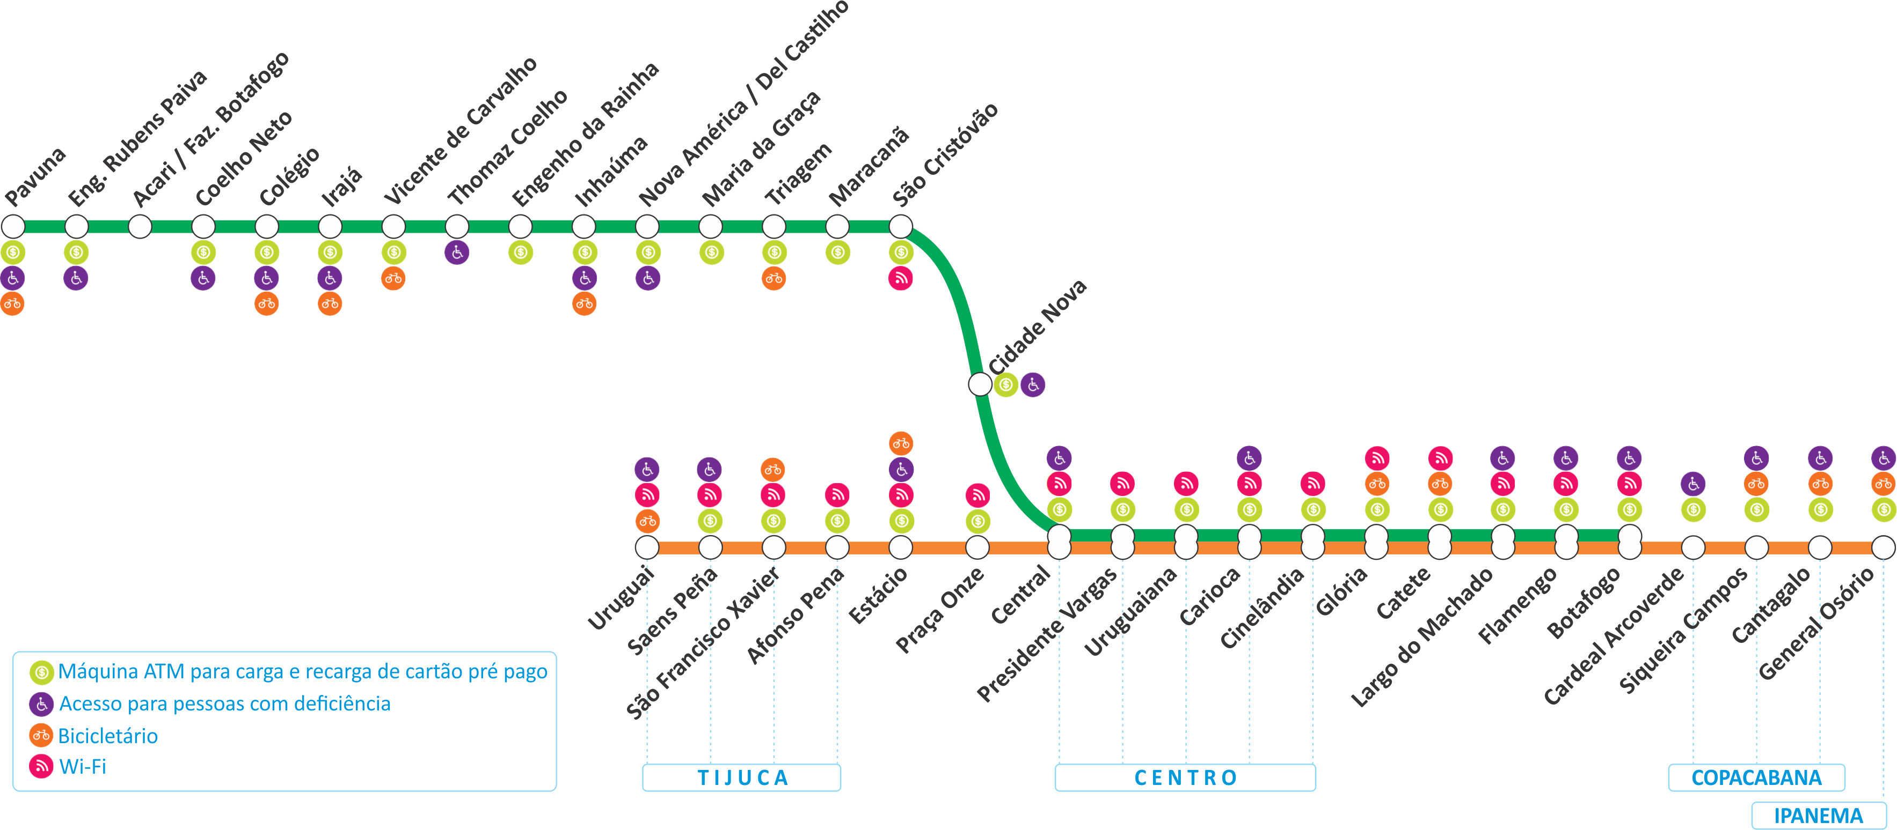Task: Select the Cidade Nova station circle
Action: (980, 384)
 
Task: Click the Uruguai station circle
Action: (647, 547)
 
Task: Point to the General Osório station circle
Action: (1883, 547)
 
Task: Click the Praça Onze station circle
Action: (977, 547)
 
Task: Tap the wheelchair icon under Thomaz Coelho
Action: (457, 253)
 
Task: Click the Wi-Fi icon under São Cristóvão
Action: (901, 278)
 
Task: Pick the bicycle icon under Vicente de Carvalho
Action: (393, 278)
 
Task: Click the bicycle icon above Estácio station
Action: (901, 443)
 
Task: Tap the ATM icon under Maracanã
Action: (837, 253)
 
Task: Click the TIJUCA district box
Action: (741, 778)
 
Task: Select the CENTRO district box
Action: (1185, 778)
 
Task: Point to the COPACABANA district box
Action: (1756, 778)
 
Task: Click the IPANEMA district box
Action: (1818, 816)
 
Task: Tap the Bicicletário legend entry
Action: (107, 736)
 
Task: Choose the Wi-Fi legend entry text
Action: (83, 767)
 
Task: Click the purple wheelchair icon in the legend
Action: (41, 704)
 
